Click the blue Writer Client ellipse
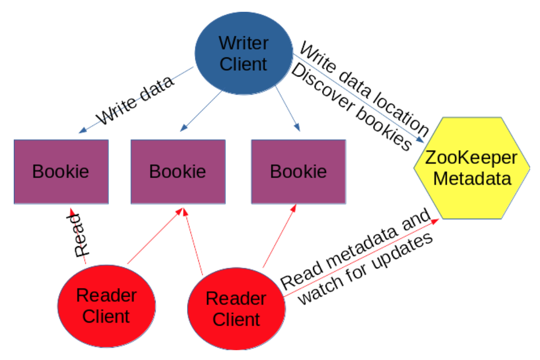tap(243, 53)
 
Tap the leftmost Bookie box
tap(61, 171)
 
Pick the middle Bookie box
tap(178, 171)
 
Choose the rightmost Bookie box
tap(298, 171)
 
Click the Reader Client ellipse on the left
tap(106, 306)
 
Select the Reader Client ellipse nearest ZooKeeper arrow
tap(236, 309)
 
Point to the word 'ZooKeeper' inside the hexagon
tap(471, 158)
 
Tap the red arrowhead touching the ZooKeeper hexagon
tap(434, 222)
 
